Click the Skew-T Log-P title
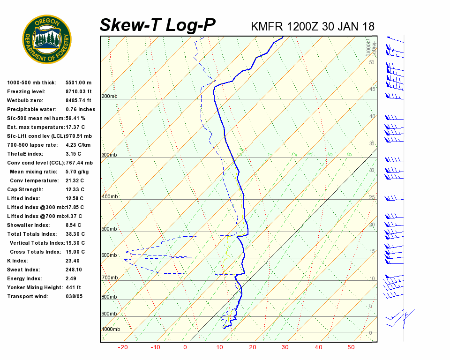[x=157, y=25]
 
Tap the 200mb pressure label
[x=109, y=97]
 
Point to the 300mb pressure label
[x=109, y=155]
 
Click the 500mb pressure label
[x=109, y=229]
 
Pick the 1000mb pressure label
[x=111, y=330]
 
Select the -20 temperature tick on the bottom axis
[x=123, y=347]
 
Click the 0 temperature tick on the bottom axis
[x=185, y=347]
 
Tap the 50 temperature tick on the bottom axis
[x=351, y=347]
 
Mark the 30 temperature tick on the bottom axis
[x=285, y=347]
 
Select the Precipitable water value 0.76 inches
[x=80, y=110]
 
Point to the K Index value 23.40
[x=73, y=261]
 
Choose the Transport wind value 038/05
[x=74, y=297]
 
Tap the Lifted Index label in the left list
[x=24, y=199]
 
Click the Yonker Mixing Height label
[x=32, y=288]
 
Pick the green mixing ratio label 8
[x=349, y=154]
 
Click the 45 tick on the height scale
[x=372, y=89]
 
